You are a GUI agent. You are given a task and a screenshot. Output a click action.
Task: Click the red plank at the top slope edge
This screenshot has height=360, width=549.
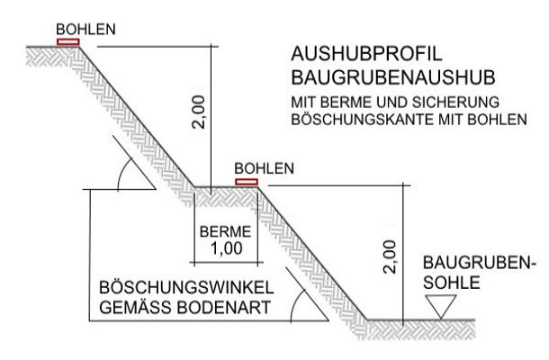click(x=68, y=42)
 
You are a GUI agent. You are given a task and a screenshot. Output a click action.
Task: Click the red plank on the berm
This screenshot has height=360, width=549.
click(x=247, y=182)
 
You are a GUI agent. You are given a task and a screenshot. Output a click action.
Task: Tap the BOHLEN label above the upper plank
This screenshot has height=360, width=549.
click(x=85, y=30)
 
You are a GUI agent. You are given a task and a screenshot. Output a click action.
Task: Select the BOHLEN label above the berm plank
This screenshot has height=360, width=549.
click(x=264, y=169)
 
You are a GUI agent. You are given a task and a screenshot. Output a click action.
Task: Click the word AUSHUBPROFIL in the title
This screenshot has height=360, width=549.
click(x=366, y=54)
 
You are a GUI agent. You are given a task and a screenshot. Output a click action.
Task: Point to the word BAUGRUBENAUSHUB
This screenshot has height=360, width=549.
click(x=393, y=77)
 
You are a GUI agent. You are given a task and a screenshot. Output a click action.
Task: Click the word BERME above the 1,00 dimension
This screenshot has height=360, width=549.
click(x=226, y=232)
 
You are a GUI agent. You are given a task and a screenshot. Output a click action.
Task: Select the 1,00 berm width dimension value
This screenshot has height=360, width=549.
click(x=227, y=248)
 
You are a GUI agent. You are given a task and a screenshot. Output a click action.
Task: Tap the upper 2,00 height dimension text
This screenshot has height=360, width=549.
click(x=199, y=112)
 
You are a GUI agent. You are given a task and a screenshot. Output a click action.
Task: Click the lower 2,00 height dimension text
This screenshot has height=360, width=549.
click(x=390, y=257)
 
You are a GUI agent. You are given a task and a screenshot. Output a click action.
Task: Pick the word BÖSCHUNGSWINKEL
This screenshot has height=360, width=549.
click(x=186, y=287)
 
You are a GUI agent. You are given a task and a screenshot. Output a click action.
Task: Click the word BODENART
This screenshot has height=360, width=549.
click(x=224, y=308)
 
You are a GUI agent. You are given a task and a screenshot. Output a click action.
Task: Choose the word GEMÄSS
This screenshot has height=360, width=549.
click(x=137, y=308)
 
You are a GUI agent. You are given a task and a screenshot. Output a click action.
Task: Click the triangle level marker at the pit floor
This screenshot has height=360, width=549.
click(x=441, y=306)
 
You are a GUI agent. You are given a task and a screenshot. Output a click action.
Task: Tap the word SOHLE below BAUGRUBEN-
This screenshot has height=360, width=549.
click(x=452, y=283)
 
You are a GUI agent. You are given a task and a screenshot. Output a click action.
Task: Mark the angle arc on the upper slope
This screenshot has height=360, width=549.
click(x=124, y=174)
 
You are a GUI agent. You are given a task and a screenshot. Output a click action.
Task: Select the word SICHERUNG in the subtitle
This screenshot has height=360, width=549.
click(x=455, y=103)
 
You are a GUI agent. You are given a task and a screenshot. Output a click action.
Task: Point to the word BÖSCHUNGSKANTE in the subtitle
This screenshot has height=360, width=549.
click(x=362, y=120)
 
